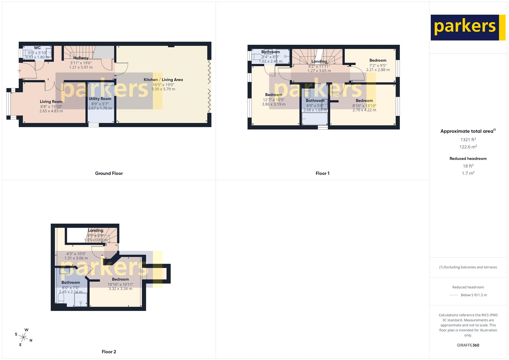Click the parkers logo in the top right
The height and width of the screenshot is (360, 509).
click(468, 27)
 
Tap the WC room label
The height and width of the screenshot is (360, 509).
click(37, 48)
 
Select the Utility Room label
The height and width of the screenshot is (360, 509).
click(100, 99)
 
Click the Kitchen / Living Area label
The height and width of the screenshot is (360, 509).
click(163, 80)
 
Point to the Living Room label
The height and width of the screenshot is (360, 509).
click(51, 102)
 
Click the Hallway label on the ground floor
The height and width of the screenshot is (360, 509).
click(81, 58)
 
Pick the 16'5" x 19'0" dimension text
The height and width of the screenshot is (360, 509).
click(163, 85)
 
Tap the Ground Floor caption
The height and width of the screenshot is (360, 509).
click(109, 173)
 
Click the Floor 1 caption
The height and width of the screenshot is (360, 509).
click(322, 173)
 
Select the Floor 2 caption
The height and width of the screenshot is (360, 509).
click(109, 352)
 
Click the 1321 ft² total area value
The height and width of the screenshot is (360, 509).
click(468, 139)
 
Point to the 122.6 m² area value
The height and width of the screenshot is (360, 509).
click(468, 147)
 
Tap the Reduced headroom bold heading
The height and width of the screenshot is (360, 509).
click(468, 159)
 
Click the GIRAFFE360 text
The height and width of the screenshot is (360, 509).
click(468, 345)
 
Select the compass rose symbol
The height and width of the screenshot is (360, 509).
click(24, 337)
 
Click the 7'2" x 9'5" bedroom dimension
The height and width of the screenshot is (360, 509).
click(378, 65)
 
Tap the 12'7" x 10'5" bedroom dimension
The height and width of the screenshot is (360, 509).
click(274, 100)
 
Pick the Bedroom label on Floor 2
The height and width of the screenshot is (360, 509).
click(120, 279)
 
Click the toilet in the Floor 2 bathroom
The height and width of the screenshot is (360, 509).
click(61, 299)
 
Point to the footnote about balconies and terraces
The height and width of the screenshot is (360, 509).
click(468, 267)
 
